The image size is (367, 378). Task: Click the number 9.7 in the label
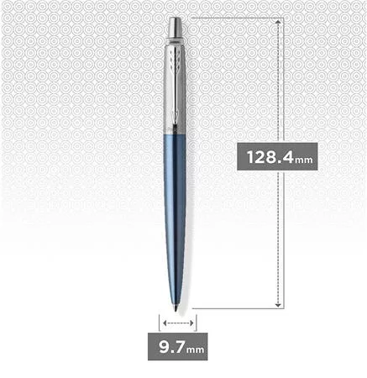[168, 345]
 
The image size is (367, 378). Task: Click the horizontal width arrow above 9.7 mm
[177, 322]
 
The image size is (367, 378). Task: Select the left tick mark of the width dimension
[160, 322]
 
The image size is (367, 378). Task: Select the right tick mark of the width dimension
[196, 322]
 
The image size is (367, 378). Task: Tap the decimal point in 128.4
[280, 162]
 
